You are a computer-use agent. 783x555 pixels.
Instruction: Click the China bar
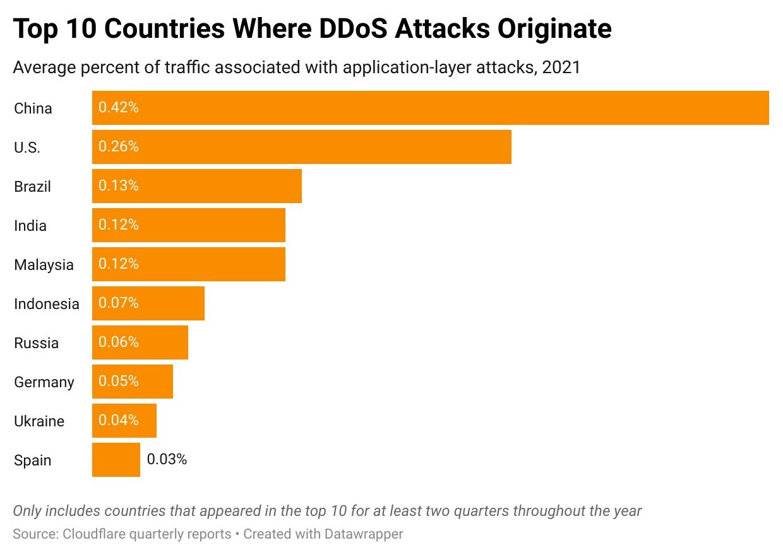(430, 108)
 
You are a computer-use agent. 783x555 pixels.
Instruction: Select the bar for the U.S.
(301, 147)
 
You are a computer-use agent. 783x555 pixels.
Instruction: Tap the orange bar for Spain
(116, 460)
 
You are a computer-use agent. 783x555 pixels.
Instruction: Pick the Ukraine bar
(124, 421)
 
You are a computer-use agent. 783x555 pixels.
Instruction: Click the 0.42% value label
(119, 108)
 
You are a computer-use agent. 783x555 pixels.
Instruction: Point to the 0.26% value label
(119, 147)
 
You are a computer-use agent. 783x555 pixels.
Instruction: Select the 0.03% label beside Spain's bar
(167, 460)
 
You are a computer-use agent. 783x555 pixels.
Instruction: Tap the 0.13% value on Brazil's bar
(119, 186)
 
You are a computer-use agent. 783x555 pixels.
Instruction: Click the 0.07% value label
(119, 303)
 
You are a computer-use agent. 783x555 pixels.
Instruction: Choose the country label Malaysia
(44, 265)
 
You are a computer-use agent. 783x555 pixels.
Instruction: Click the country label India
(30, 226)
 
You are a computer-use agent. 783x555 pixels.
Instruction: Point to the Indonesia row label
(47, 304)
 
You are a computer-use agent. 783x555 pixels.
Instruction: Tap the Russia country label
(36, 343)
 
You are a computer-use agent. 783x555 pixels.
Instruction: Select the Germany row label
(44, 382)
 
